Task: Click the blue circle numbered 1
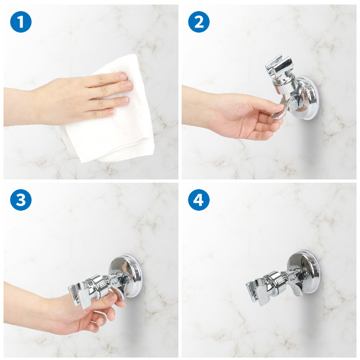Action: pos(21,22)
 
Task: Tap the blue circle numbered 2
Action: pos(199,22)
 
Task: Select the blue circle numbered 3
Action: pos(21,200)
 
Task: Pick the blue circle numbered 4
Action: pos(199,200)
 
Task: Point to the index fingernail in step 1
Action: pos(124,76)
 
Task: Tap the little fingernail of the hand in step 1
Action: pos(112,112)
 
